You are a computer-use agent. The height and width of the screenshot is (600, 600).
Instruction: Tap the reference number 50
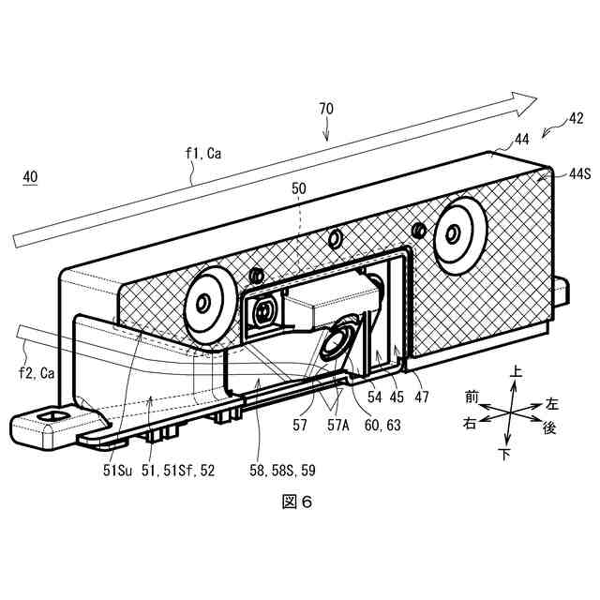[299, 188]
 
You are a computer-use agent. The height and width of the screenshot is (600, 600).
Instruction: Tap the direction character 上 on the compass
[515, 373]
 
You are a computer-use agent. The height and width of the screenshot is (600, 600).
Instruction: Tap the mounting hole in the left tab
[53, 414]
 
